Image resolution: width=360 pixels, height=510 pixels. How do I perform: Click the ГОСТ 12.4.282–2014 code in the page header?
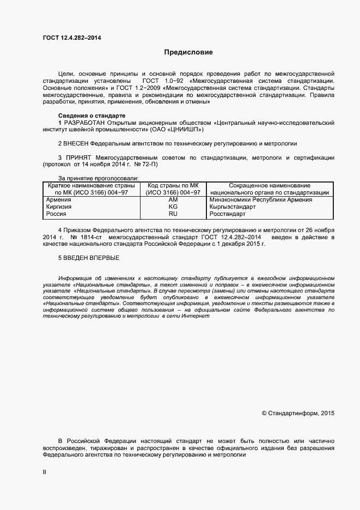point(71,38)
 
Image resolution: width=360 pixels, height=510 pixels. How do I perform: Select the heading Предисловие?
point(188,53)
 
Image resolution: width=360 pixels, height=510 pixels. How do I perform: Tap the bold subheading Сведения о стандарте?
point(91,116)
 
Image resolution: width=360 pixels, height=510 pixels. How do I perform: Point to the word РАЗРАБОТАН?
point(84,123)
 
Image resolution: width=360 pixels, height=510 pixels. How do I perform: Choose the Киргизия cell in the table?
point(58,207)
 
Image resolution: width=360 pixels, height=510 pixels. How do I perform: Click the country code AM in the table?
point(173,200)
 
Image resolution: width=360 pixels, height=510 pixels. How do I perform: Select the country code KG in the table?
point(173,207)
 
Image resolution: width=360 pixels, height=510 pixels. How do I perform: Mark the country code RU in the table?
point(173,215)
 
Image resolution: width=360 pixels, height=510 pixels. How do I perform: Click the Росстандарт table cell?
point(228,215)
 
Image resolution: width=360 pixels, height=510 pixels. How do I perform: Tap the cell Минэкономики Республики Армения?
point(260,200)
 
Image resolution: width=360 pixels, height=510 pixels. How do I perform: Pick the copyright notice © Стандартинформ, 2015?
point(298,414)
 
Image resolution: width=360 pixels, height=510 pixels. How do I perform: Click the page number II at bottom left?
point(45,472)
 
